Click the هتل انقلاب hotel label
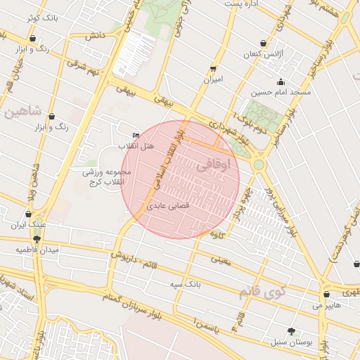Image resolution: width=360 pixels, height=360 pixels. click(x=131, y=146)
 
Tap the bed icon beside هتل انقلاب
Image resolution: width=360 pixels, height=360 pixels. click(x=136, y=135)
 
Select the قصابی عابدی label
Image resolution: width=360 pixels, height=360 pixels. click(x=168, y=207)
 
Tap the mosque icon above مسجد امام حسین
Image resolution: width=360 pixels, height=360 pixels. click(x=281, y=82)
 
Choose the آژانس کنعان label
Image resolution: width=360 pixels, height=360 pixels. click(x=262, y=54)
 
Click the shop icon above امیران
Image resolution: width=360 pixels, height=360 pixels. click(x=213, y=69)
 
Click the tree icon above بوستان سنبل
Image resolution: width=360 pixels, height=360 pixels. click(x=291, y=331)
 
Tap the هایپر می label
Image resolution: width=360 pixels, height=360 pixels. click(x=328, y=306)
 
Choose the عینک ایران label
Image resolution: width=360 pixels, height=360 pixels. click(x=28, y=225)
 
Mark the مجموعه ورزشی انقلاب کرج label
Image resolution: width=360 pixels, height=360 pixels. click(x=103, y=176)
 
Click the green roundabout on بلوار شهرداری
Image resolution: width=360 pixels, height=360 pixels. click(x=259, y=165)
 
